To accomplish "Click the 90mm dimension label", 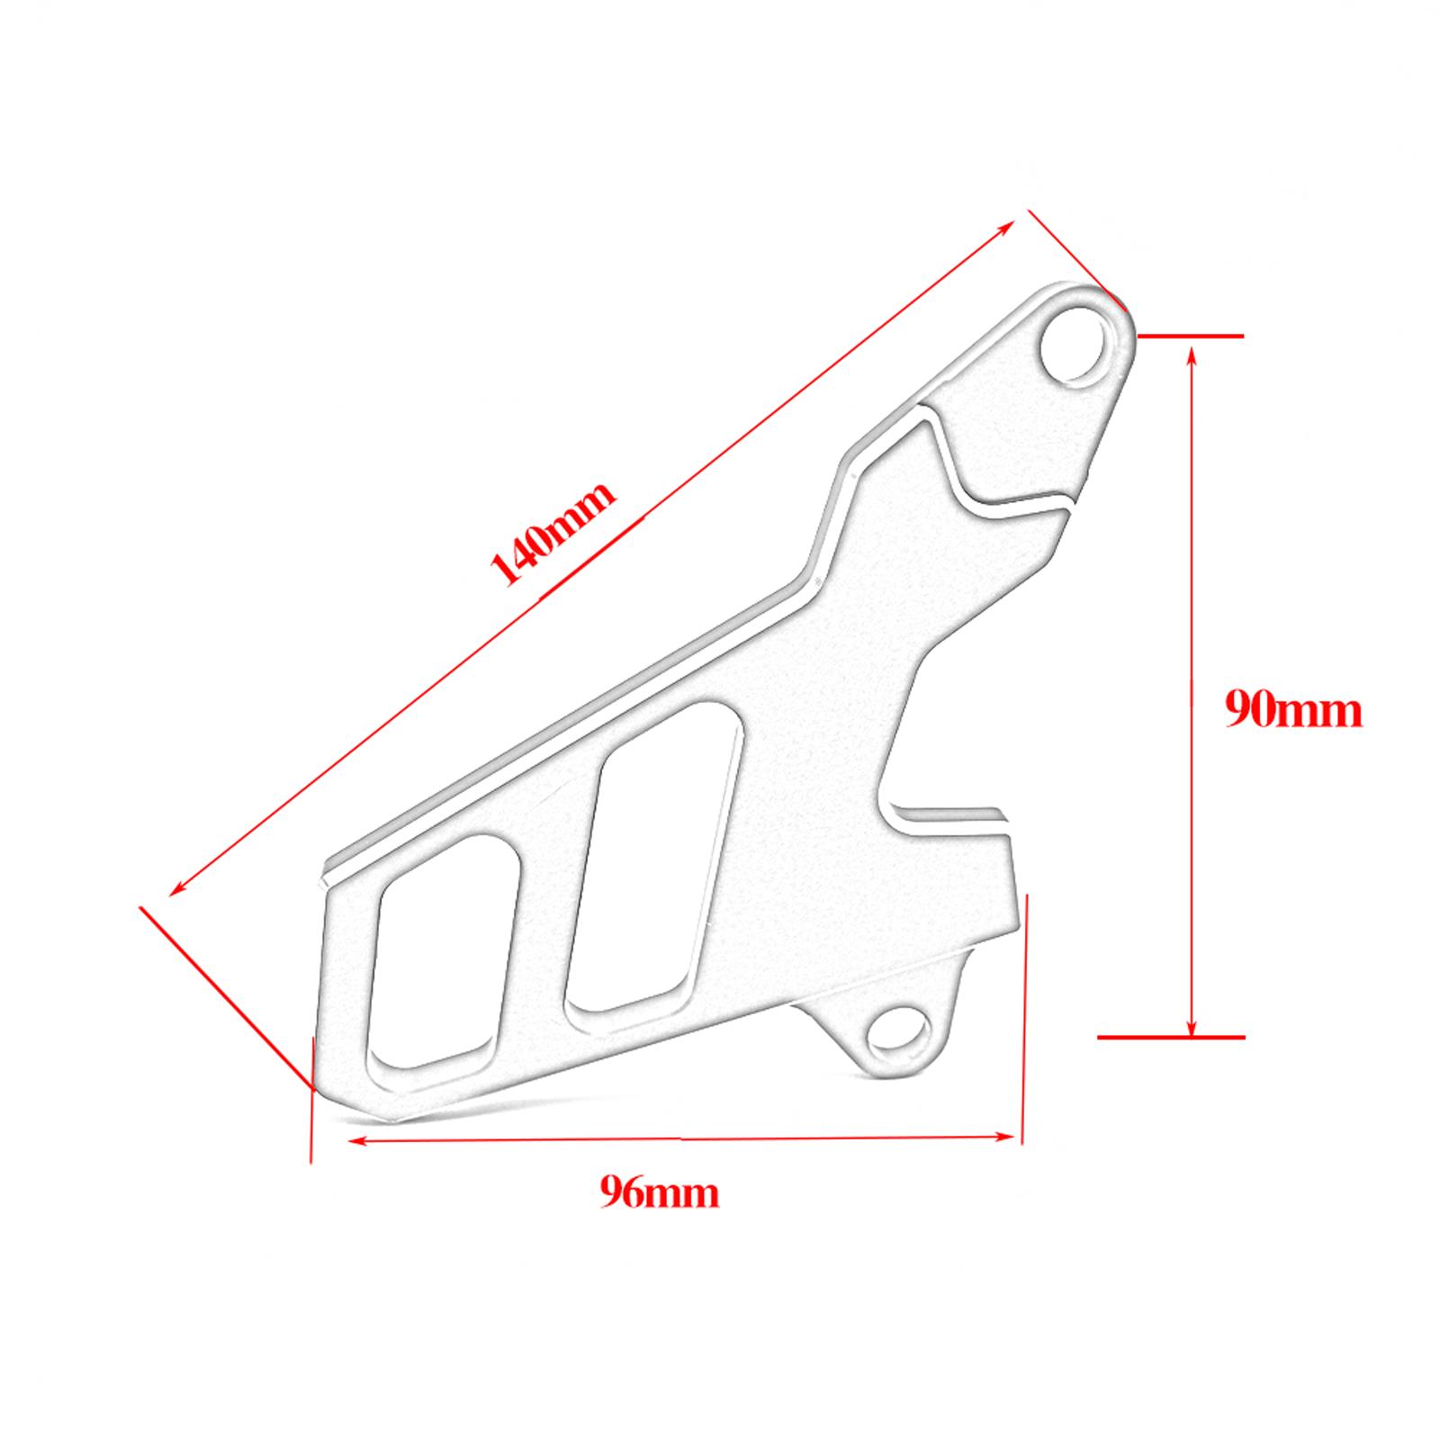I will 1293,711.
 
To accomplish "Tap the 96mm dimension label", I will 660,1193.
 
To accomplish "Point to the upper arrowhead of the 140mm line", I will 1008,226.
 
